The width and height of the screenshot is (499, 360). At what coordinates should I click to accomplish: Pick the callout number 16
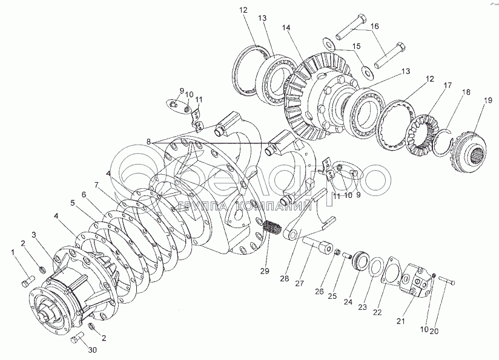[x=375, y=27]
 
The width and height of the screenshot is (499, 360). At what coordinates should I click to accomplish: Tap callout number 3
[x=35, y=234]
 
